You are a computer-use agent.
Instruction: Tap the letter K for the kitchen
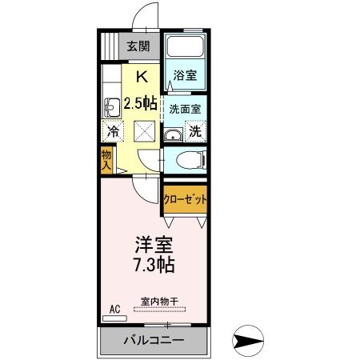[x=142, y=78]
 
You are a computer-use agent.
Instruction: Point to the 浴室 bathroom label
[x=186, y=77]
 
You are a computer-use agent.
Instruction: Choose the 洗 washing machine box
[x=195, y=130]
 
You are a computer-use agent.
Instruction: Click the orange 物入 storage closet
[x=106, y=160]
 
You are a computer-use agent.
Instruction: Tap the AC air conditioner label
[x=114, y=306]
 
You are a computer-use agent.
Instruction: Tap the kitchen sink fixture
[x=111, y=103]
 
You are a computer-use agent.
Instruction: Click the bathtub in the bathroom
[x=186, y=50]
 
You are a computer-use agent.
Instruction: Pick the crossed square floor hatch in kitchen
[x=144, y=130]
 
